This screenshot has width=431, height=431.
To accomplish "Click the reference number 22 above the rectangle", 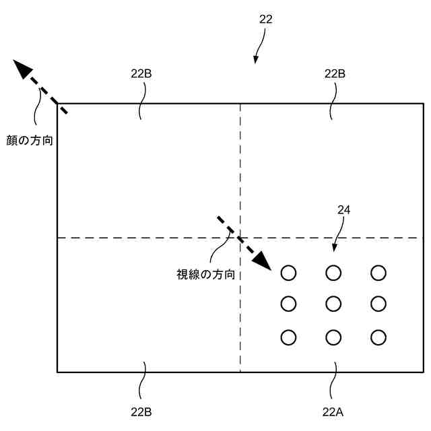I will tap(266, 20).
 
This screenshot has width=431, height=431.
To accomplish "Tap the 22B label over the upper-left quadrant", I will tap(141, 74).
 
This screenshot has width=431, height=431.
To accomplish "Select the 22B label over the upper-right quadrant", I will tap(335, 74).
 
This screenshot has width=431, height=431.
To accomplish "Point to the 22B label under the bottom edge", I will tap(141, 411).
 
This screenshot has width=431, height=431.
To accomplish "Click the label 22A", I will tap(335, 411).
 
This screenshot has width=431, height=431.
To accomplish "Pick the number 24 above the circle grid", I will tap(343, 210).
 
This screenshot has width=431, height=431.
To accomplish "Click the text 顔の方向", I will tap(28, 141).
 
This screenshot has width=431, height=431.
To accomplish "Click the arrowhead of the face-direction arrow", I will tap(22, 69).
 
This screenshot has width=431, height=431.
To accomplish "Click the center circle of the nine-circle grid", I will tap(333, 304).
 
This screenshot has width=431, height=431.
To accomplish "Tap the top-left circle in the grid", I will tap(288, 273).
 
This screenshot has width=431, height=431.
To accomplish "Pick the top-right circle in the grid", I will tap(378, 273).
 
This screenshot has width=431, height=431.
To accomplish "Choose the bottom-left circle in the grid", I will tap(288, 337).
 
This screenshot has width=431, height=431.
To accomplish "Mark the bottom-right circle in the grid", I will tap(378, 337).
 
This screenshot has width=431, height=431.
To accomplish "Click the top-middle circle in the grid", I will tap(333, 273).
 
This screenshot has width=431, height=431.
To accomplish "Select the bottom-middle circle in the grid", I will tap(333, 337).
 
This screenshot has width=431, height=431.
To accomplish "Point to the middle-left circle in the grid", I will tap(288, 304).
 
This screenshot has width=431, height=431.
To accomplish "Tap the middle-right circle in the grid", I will tap(378, 304).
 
